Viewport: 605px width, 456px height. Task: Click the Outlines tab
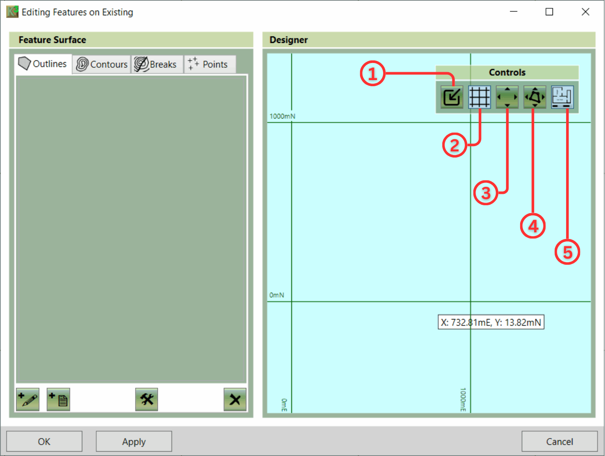43,64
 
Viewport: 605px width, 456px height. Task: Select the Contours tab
101,64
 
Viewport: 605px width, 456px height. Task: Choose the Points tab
210,64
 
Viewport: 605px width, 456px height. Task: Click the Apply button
134,442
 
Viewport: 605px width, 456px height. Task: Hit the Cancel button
560,442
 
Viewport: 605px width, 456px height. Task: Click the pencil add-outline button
28,400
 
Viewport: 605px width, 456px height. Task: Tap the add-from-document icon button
59,400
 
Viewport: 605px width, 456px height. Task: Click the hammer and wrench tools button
147,400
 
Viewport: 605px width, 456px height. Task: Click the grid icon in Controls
479,97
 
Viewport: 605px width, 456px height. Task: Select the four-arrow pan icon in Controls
507,97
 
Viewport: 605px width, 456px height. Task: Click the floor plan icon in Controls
563,97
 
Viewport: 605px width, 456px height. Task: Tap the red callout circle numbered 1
373,74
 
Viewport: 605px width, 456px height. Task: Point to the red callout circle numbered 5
567,252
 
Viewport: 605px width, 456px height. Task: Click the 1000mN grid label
283,116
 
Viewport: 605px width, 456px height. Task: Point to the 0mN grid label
277,295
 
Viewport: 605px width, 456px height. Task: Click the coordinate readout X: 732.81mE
466,322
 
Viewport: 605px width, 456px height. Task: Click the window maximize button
549,12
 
